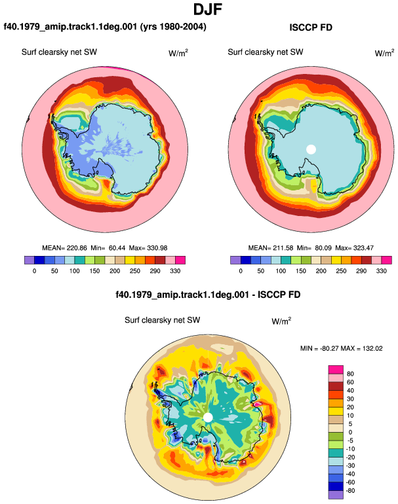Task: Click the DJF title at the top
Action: [x=208, y=9]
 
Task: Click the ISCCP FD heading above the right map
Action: [x=311, y=27]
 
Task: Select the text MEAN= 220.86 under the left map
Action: [x=64, y=248]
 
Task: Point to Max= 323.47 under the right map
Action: [x=354, y=248]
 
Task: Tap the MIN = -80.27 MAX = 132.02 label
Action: [x=342, y=348]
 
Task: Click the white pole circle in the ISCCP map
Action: [x=311, y=149]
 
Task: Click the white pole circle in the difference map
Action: [x=209, y=418]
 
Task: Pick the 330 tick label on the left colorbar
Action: [x=175, y=271]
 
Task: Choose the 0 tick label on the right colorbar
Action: [x=241, y=271]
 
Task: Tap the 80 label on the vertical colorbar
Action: [x=350, y=374]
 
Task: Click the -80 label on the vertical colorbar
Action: [x=349, y=491]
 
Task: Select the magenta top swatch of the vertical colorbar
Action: [x=336, y=370]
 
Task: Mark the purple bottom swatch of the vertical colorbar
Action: [x=336, y=495]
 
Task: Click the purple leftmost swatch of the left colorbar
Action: [x=30, y=260]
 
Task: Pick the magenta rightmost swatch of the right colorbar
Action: [x=387, y=260]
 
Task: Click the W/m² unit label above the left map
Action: [x=178, y=53]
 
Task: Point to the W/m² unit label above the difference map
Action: [x=281, y=321]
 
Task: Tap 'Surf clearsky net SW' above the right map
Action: [x=266, y=52]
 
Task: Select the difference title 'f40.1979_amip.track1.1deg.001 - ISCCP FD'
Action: [x=208, y=295]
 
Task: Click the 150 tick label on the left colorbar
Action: [x=94, y=271]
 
